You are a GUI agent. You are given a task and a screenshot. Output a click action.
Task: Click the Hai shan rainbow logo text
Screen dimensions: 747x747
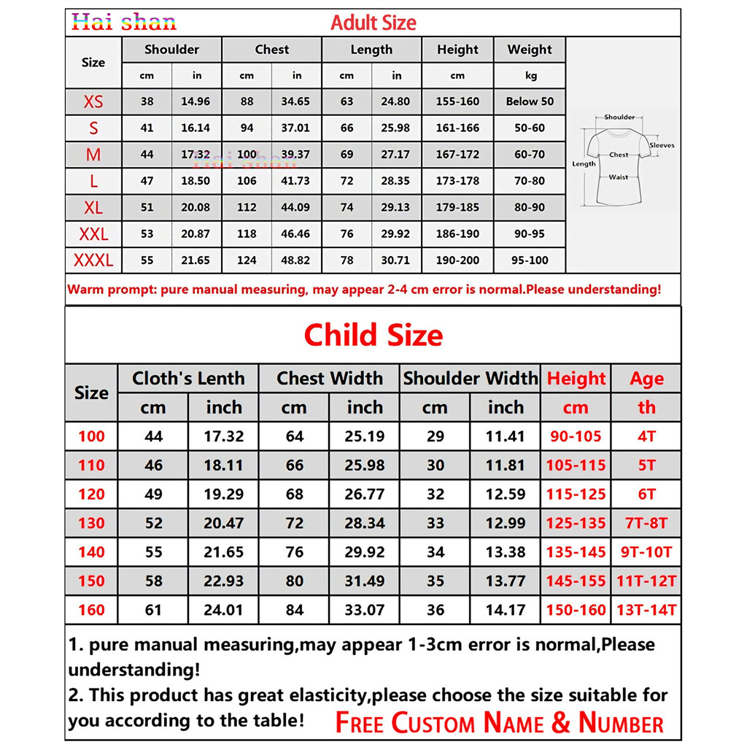point(124,22)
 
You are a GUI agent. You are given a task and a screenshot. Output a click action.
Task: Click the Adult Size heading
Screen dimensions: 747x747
point(373,23)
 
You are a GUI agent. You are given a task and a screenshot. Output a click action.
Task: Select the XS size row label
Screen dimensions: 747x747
point(93,101)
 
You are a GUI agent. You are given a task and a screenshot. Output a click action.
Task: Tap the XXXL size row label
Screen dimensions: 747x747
point(93,260)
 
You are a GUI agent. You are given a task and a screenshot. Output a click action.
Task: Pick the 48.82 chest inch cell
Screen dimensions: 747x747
point(295,260)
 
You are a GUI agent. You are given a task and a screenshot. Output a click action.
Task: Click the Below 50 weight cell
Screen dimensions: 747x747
point(530,101)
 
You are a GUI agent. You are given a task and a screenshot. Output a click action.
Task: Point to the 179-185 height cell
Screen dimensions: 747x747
point(457,207)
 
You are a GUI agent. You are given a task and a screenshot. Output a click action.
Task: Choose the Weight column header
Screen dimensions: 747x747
point(530,50)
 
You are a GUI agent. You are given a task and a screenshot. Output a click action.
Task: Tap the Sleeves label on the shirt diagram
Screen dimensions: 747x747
point(662,145)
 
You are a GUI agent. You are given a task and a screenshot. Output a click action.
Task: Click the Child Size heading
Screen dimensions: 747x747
point(373,336)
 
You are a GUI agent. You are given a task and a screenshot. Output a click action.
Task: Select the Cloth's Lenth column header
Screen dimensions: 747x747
point(188,379)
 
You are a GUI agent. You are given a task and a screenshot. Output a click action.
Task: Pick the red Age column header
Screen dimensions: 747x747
point(646,379)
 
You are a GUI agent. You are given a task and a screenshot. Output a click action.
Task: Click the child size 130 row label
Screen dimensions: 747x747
point(91,523)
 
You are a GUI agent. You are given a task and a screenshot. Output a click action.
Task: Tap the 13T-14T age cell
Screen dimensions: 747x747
point(646,610)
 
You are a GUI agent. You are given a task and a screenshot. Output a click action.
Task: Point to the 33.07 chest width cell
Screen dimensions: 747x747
point(364,610)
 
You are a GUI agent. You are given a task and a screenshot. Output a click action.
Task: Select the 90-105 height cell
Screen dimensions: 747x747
point(576,437)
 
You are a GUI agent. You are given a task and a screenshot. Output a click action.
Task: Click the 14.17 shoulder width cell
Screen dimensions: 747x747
point(506,610)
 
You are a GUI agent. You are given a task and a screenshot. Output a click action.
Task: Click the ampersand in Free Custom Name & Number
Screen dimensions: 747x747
point(561,722)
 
